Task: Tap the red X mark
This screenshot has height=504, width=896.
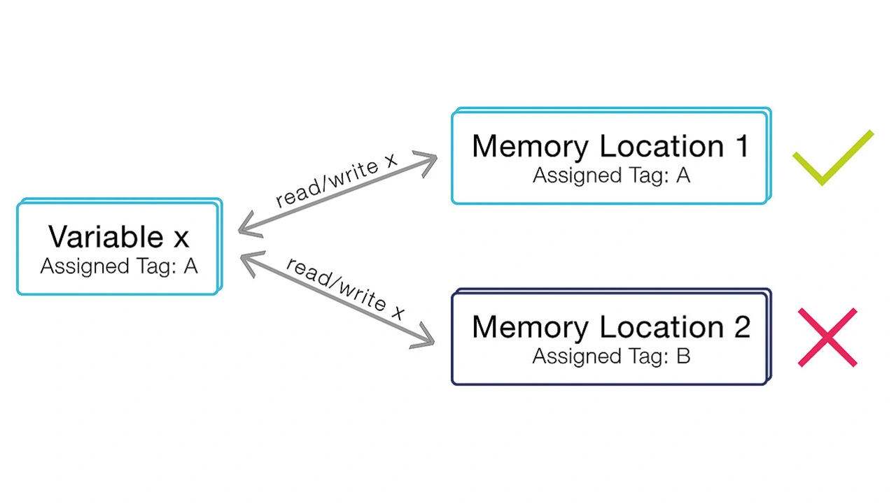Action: pyautogui.click(x=827, y=338)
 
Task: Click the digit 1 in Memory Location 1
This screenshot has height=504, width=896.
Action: pyautogui.click(x=741, y=146)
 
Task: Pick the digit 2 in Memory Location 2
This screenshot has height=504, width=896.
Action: pyautogui.click(x=741, y=327)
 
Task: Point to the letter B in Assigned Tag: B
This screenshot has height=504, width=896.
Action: pyautogui.click(x=683, y=356)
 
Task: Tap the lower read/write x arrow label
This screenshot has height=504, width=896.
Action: pyautogui.click(x=346, y=289)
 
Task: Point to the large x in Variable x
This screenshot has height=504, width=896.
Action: pyautogui.click(x=181, y=238)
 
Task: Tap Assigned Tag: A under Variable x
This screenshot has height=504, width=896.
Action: pyautogui.click(x=119, y=266)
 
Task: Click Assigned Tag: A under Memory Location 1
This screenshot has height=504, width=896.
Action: pyautogui.click(x=611, y=175)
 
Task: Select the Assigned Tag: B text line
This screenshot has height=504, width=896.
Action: pyautogui.click(x=611, y=356)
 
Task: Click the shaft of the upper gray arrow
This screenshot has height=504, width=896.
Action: pyautogui.click(x=336, y=194)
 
